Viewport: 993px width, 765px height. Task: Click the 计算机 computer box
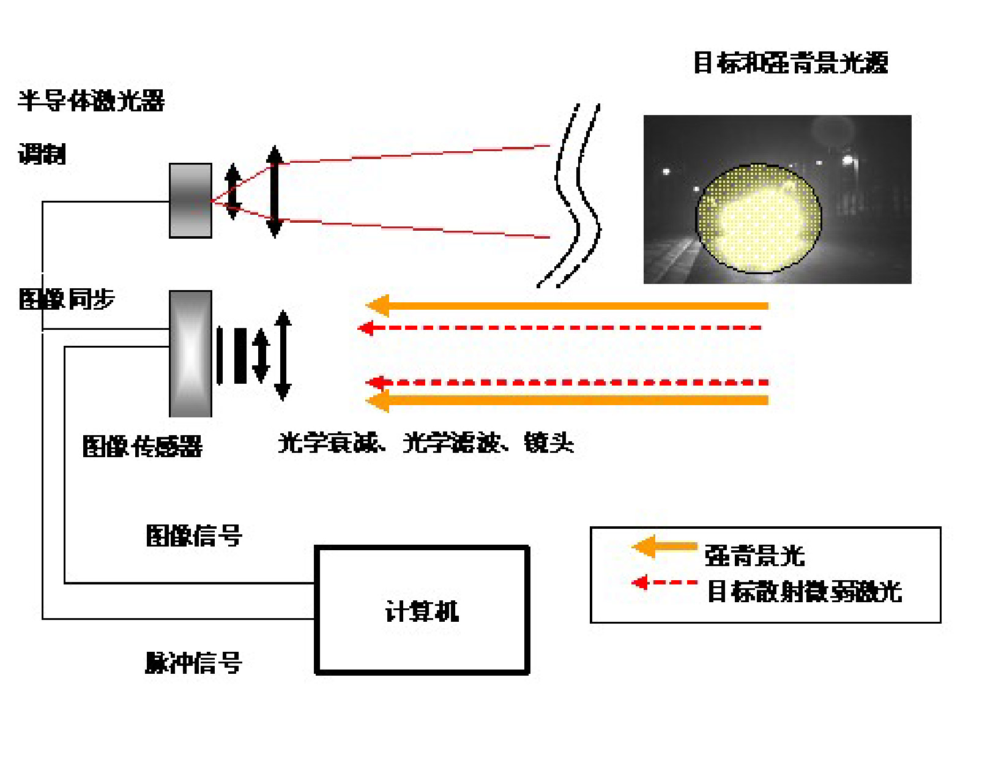click(422, 610)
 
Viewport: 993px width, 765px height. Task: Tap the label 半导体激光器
click(91, 101)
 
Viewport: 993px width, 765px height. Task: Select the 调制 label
click(42, 154)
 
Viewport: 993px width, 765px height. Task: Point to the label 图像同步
click(67, 299)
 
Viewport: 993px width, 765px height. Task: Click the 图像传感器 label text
click(142, 446)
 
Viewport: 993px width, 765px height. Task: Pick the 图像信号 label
click(194, 536)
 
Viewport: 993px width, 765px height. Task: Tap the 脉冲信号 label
click(193, 662)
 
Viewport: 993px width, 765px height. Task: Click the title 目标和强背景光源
click(790, 62)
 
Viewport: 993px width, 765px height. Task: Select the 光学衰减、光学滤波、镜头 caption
click(426, 442)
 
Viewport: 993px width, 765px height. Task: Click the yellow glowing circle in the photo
click(759, 218)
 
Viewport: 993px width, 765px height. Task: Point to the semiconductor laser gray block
click(190, 200)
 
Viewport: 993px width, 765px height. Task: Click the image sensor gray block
click(190, 354)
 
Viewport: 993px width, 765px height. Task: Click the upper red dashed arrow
click(560, 328)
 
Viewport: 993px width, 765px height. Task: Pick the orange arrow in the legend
click(664, 547)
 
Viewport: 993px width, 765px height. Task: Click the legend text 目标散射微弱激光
click(804, 592)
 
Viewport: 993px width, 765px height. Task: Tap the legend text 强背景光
click(754, 556)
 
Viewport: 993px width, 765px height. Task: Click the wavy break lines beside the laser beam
click(577, 196)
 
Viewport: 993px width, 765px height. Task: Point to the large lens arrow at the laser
click(275, 192)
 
